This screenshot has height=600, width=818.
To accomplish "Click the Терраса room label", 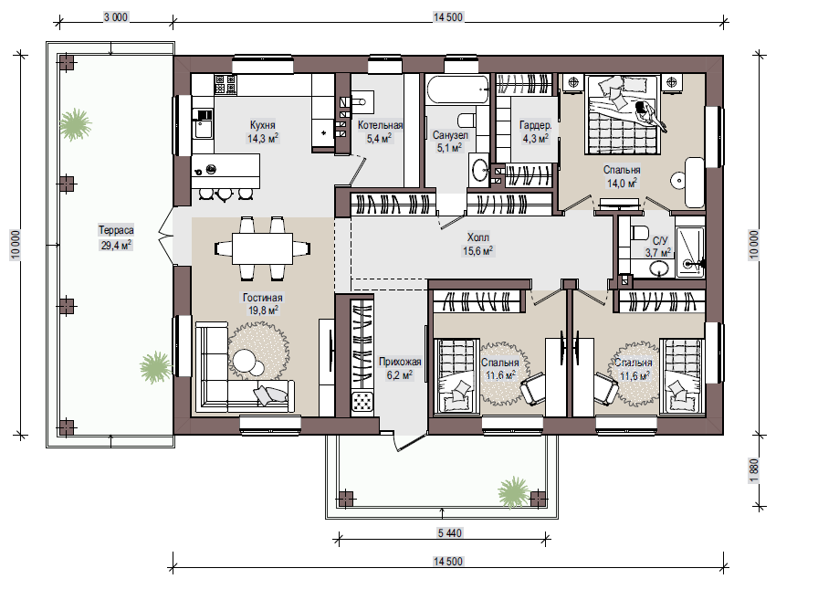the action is [x=116, y=230].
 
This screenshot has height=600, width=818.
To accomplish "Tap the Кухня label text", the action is [x=262, y=125].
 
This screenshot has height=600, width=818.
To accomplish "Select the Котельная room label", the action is [x=381, y=125].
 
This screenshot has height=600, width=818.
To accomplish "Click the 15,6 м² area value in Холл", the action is [x=477, y=251].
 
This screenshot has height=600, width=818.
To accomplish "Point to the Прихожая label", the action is [x=400, y=362].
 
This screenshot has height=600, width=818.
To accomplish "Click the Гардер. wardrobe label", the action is [x=536, y=125].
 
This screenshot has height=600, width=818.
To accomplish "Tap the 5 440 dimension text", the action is [x=450, y=532].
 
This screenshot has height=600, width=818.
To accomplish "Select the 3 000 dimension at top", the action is [x=115, y=17].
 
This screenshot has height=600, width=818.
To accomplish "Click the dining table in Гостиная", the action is [x=262, y=248].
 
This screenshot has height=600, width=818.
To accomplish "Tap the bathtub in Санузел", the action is [x=458, y=89].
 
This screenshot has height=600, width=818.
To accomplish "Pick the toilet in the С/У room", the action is [x=638, y=232].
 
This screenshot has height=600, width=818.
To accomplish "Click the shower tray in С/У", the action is [x=689, y=252].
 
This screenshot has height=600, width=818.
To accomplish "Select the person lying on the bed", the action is [x=649, y=115].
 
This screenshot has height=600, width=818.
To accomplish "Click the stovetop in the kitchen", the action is [x=225, y=85].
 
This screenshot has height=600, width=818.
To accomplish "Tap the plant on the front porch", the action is [x=514, y=491].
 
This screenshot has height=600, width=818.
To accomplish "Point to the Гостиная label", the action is [x=262, y=298].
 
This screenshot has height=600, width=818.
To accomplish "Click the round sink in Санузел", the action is [x=480, y=170].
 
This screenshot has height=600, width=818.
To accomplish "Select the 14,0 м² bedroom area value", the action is [x=622, y=184].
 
